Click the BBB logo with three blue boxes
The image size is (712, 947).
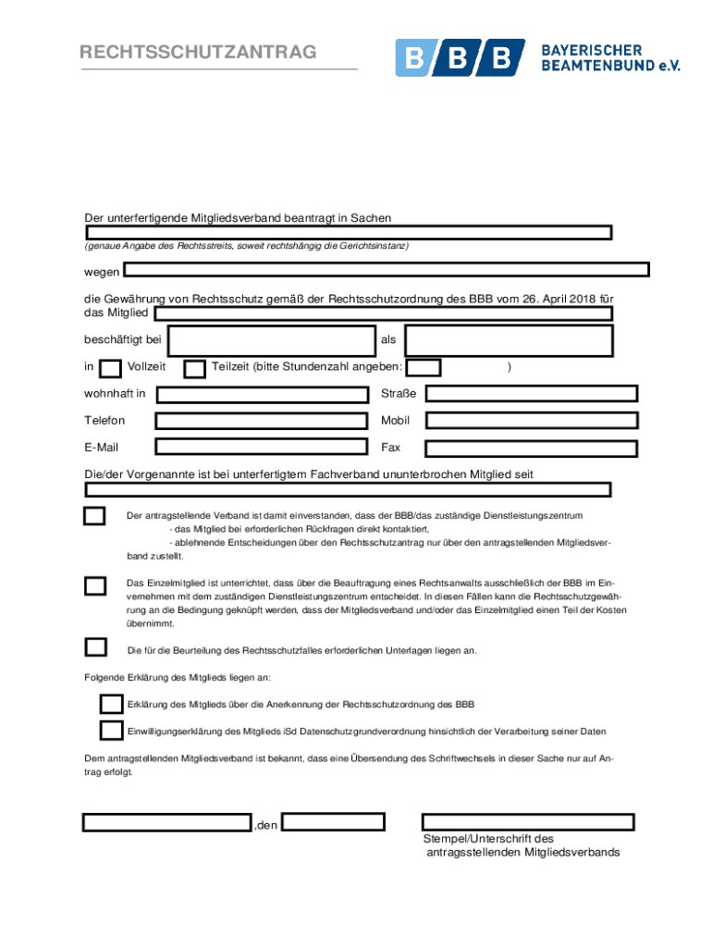coord(460,58)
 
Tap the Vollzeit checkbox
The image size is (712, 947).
coord(110,369)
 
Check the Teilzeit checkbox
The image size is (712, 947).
coord(194,369)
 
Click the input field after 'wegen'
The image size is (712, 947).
coord(387,269)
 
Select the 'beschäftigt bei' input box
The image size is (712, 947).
coord(271,340)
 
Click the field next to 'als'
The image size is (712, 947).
coord(509,340)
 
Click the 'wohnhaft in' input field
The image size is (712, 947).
coord(263,395)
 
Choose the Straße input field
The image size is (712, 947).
coord(531,394)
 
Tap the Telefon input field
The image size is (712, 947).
coord(263,422)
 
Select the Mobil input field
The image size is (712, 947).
coord(531,421)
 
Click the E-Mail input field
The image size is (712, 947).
coord(263,449)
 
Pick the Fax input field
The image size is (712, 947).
coord(531,449)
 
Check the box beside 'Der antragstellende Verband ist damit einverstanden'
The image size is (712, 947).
coord(94,516)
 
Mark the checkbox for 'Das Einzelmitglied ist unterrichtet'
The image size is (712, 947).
coord(94,585)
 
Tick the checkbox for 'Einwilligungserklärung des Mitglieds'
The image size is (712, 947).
coord(111,731)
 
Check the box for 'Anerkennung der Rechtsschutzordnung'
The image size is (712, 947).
coord(111,705)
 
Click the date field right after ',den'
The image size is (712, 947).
coord(333,822)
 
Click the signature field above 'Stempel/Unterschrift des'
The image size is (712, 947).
coord(528,822)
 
